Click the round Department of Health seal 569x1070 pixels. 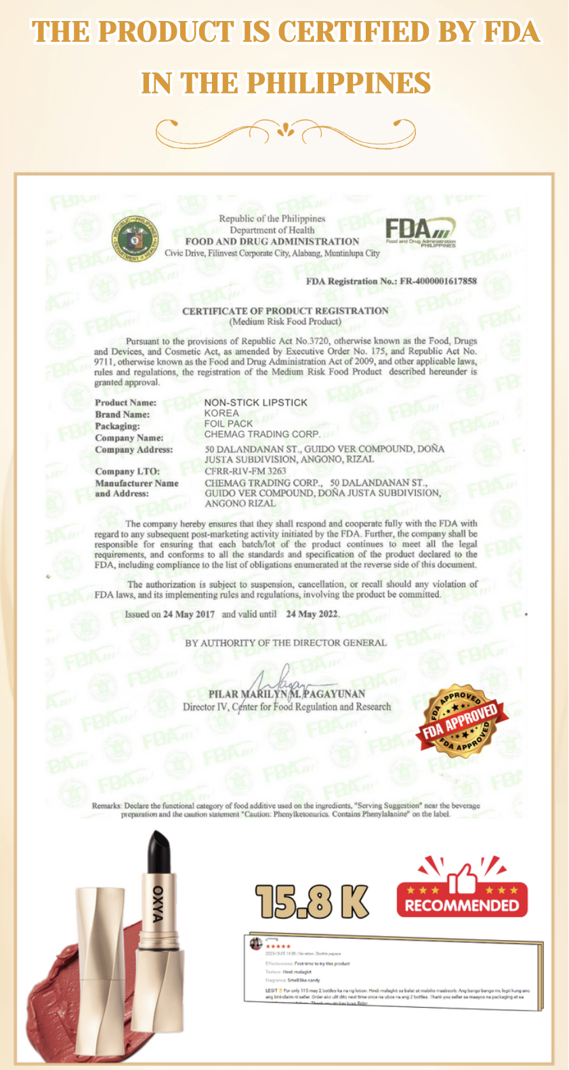coord(135,238)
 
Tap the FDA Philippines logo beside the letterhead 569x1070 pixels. coord(420,232)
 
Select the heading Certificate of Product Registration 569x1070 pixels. coord(285,311)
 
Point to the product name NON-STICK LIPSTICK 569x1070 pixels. coord(256,402)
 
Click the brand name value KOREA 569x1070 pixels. coord(222,413)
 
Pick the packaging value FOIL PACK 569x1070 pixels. coord(228,423)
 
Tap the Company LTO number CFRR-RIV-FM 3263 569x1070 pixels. coord(245,471)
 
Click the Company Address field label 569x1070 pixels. coord(133,450)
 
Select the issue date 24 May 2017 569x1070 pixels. coord(188,614)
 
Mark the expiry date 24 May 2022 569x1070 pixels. coord(312,614)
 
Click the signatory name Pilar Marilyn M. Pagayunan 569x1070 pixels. coord(287,694)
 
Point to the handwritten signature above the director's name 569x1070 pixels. coord(284,677)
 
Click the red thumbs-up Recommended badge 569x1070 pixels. coord(462,889)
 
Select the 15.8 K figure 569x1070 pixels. coord(312,902)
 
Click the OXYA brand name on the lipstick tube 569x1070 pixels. coord(158,903)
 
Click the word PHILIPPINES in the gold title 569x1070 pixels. coord(339,83)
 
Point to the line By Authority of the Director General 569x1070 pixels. coord(286,643)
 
